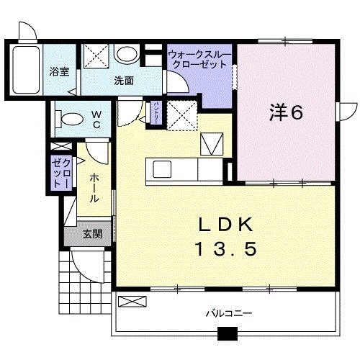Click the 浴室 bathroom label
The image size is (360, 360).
point(59,72)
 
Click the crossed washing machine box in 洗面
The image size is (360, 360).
point(94,55)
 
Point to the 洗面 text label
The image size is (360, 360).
point(124,81)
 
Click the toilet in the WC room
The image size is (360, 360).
point(70,117)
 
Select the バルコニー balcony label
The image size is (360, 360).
point(228,313)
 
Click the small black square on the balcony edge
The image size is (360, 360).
point(228,333)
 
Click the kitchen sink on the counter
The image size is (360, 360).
point(161,170)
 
